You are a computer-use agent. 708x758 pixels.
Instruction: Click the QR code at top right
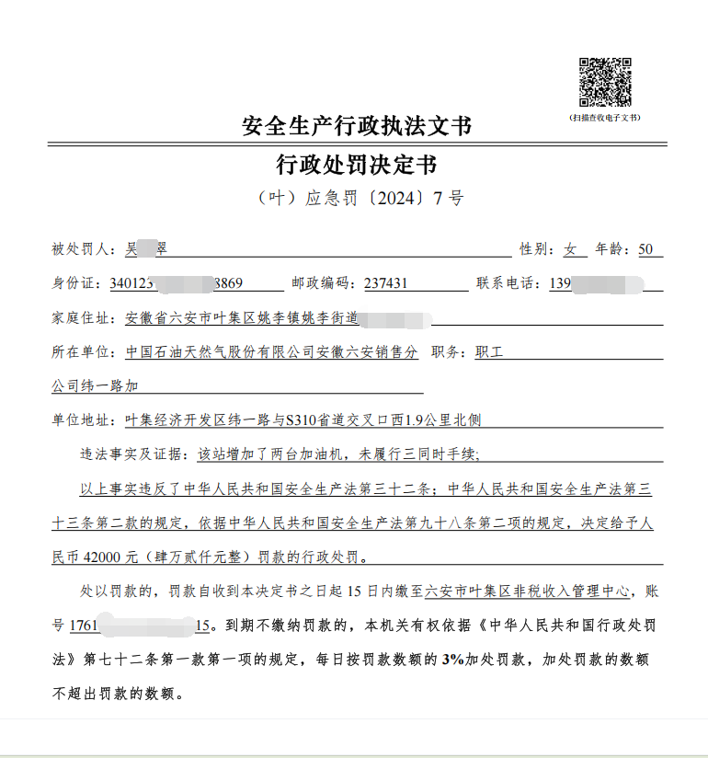[x=605, y=83]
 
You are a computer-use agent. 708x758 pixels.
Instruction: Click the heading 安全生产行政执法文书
[x=356, y=126]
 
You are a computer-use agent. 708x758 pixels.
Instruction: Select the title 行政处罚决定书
[x=356, y=166]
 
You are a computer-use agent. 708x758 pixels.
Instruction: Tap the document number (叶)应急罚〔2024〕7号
[x=357, y=199]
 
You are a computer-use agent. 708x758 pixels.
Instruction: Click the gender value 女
[x=570, y=249]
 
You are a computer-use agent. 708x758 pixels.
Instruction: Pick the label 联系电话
[x=507, y=283]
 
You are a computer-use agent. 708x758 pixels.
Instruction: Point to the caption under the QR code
[x=605, y=118]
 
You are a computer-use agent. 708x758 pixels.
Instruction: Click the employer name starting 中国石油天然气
[x=271, y=352]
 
